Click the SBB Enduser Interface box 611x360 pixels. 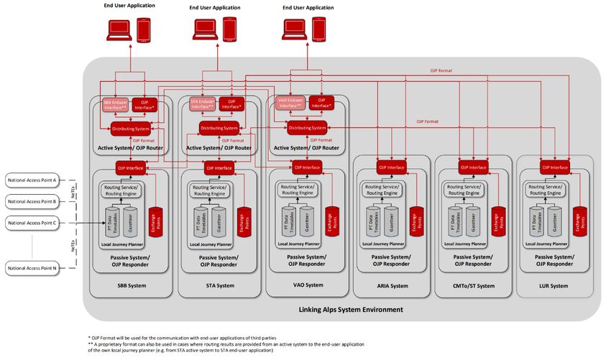click(x=115, y=104)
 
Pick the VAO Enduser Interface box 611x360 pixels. click(x=290, y=103)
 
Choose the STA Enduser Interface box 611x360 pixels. click(x=202, y=103)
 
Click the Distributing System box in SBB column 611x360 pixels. click(x=130, y=129)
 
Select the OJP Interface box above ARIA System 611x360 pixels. click(x=392, y=168)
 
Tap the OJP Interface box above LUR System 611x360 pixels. click(x=555, y=168)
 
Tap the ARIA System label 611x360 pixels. click(x=392, y=286)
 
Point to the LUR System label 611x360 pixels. click(x=555, y=286)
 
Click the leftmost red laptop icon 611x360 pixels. click(x=116, y=29)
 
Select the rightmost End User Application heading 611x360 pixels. click(x=309, y=7)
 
